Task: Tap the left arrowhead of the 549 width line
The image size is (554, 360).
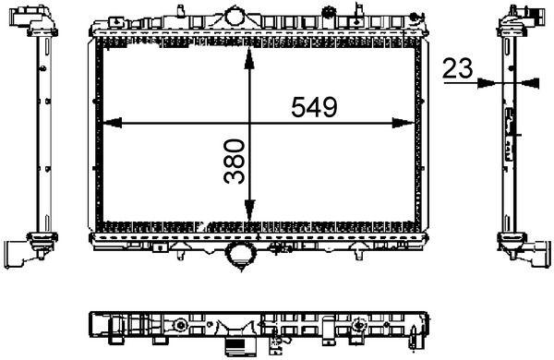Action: click(x=105, y=123)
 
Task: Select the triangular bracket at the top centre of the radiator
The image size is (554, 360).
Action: click(x=236, y=17)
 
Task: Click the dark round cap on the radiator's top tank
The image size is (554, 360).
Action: click(x=329, y=12)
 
